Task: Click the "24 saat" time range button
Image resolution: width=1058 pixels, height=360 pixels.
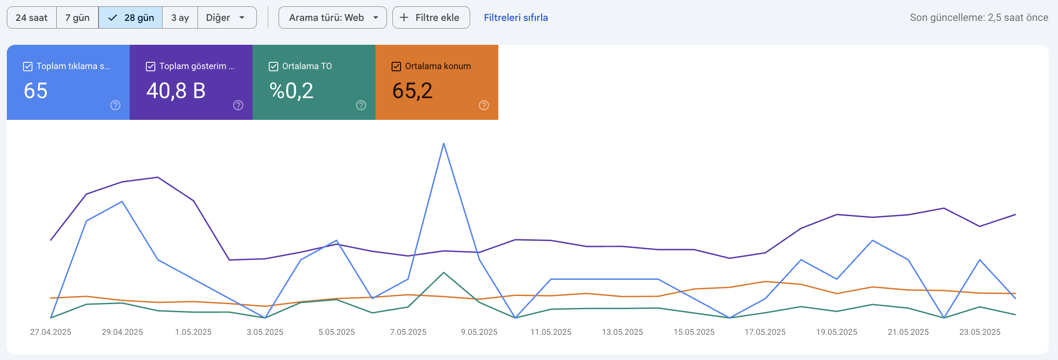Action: [32, 17]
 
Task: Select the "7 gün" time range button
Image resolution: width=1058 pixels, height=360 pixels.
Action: [77, 17]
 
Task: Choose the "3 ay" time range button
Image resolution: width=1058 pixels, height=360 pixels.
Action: [180, 17]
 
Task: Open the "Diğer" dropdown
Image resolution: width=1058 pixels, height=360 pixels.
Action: [227, 17]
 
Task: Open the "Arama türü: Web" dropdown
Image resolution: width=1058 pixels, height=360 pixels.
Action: [333, 17]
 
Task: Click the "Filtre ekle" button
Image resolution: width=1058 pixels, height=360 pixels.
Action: [431, 17]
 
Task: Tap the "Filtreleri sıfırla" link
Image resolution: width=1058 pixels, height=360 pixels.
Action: [516, 17]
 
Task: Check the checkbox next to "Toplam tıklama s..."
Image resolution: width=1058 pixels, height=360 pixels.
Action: [28, 67]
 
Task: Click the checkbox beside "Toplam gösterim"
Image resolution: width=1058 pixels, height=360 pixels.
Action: [151, 67]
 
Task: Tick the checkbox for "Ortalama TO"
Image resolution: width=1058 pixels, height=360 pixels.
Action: [273, 67]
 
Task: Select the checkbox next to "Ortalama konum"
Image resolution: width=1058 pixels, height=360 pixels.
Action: [396, 67]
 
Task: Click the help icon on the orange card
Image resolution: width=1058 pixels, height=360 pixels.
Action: [484, 105]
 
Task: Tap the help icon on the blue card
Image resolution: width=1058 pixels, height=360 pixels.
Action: [115, 105]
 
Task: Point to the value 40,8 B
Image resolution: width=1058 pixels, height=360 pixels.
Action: [176, 91]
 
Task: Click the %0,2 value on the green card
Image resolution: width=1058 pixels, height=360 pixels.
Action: [291, 91]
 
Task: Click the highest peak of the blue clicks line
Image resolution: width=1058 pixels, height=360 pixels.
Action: [444, 143]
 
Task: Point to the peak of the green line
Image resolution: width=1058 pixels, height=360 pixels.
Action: [444, 272]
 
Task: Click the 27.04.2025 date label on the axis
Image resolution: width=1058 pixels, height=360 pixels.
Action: [51, 332]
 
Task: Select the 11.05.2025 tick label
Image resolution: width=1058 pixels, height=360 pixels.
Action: [551, 332]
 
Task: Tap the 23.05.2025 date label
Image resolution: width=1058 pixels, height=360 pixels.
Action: [980, 332]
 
